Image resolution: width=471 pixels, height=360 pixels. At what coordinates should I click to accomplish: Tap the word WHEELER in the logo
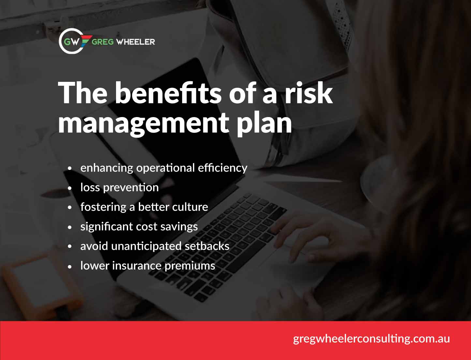[135, 42]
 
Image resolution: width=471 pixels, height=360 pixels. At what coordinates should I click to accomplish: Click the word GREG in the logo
[102, 42]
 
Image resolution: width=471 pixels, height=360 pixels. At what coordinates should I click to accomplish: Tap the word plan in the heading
[264, 123]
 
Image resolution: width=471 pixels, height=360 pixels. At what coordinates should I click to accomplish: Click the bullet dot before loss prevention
[69, 188]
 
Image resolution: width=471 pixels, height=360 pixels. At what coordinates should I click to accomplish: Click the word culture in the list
[190, 207]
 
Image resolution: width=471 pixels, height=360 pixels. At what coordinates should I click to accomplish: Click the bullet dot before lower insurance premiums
[69, 266]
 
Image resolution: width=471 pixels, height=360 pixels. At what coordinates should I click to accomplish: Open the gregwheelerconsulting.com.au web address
[371, 338]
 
